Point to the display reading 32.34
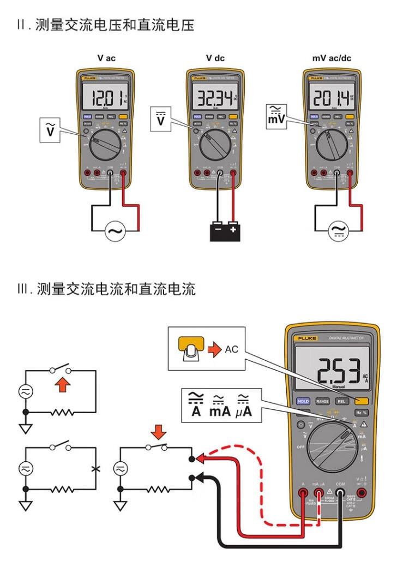214,99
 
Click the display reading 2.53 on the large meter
335,371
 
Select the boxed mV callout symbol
276,116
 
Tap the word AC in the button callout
232,349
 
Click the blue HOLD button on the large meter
303,401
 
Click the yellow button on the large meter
361,401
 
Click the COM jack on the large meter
340,494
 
